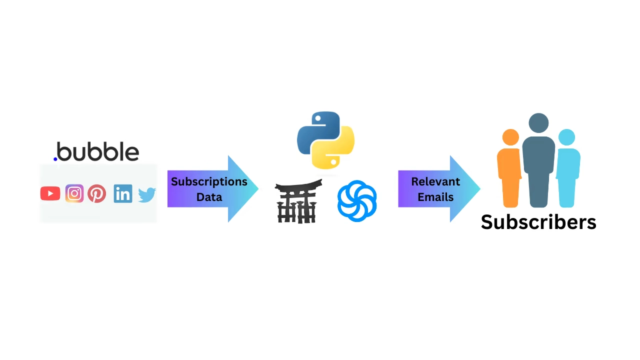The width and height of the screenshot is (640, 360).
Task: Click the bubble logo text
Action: [x=98, y=151]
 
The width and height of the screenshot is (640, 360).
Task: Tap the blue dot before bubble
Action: [x=55, y=159]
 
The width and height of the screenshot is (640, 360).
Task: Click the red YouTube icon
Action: [x=50, y=193]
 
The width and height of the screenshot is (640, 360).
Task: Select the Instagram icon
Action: [x=74, y=193]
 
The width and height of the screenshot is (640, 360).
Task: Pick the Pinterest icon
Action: [x=97, y=193]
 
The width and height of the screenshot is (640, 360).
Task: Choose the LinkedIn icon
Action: [x=123, y=193]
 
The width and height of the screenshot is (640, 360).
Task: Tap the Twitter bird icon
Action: [x=147, y=194]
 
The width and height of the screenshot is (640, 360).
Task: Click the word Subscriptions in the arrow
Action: [x=209, y=181]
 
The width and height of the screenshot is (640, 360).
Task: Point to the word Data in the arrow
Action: [x=209, y=197]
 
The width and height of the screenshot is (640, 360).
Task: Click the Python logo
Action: [x=325, y=140]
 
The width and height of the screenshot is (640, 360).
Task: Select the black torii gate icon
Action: [x=298, y=201]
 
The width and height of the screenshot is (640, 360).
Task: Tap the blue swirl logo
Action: [x=357, y=200]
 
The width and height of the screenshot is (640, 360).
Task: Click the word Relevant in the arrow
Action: [x=435, y=181]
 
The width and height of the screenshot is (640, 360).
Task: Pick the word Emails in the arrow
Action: [x=435, y=197]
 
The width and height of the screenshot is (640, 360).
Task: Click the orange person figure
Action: [x=510, y=170]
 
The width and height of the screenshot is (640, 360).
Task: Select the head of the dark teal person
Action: [x=538, y=123]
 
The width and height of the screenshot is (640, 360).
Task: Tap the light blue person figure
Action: [x=567, y=170]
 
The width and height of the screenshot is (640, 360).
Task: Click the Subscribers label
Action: [x=538, y=222]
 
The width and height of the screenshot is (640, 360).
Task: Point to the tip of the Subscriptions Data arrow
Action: [x=257, y=189]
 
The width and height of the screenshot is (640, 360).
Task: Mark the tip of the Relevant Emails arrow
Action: [x=479, y=189]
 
